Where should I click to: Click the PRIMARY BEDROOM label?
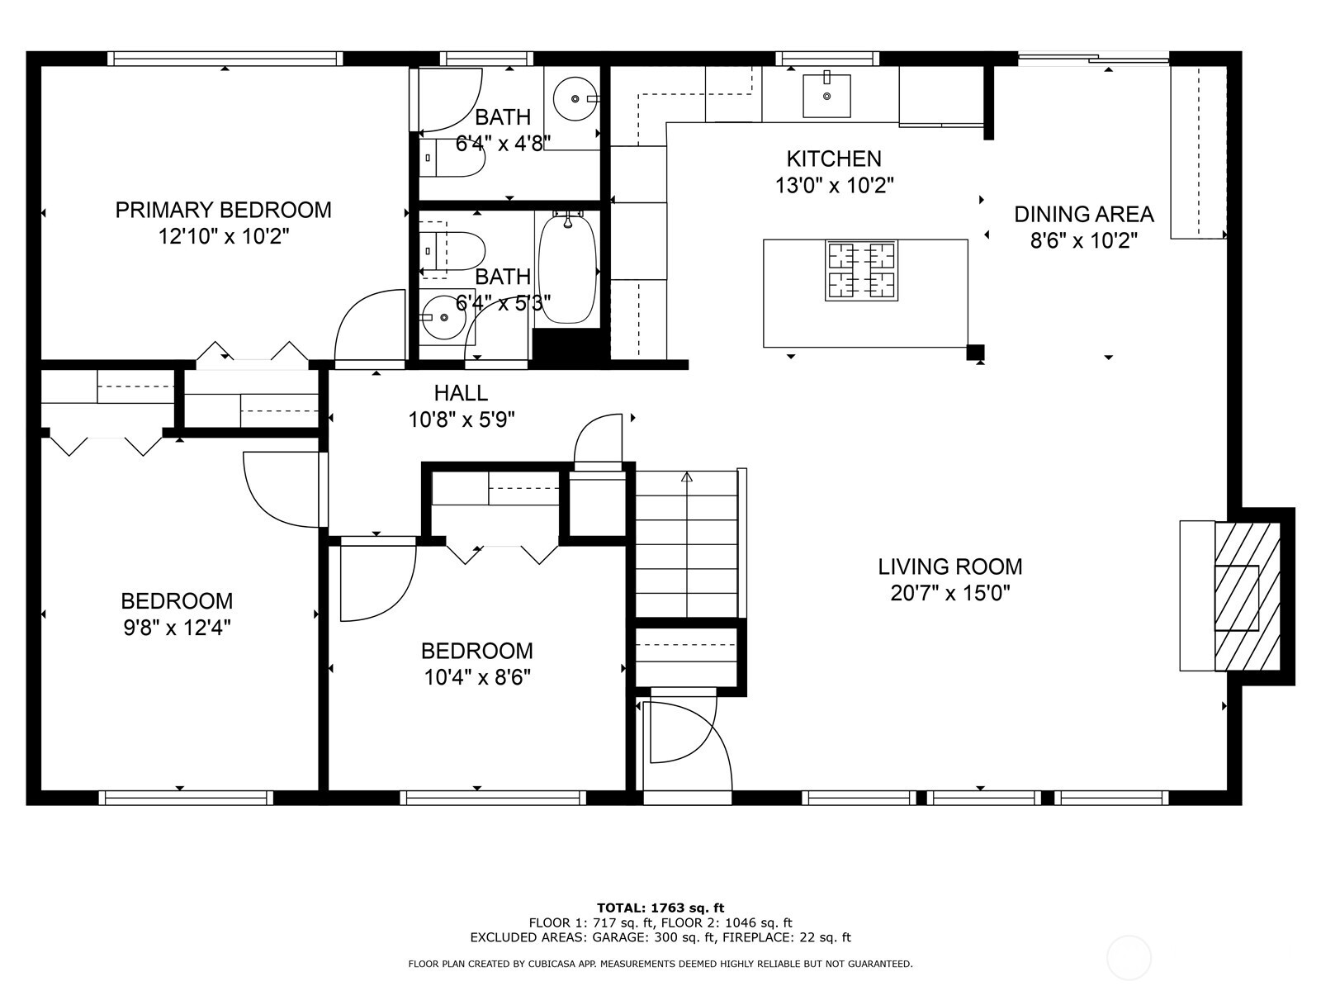[223, 210]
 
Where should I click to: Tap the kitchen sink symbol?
[826, 95]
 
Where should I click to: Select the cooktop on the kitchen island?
[861, 270]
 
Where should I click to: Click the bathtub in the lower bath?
[567, 268]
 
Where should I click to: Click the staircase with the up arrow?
[686, 545]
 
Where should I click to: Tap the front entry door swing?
[685, 739]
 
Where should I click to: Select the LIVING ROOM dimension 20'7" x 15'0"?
[950, 593]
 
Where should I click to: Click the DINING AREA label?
[1083, 215]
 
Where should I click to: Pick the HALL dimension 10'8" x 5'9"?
[462, 420]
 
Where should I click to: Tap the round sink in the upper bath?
[575, 97]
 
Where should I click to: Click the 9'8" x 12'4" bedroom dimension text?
[177, 628]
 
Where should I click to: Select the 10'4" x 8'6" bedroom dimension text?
[477, 678]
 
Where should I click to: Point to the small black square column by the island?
[975, 353]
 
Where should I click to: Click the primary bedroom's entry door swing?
[367, 326]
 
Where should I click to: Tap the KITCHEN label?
[834, 159]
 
